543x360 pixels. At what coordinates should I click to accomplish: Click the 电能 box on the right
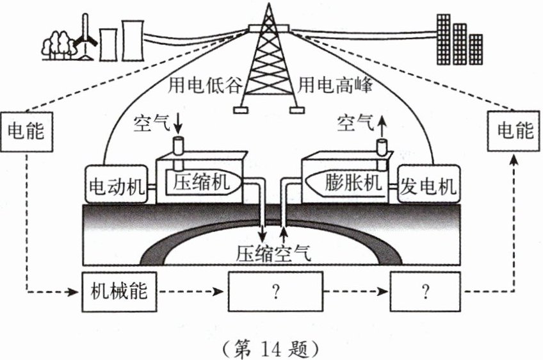[515, 131]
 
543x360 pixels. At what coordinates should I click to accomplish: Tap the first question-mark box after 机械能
[276, 292]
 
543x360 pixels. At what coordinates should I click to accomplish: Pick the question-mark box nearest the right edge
[425, 292]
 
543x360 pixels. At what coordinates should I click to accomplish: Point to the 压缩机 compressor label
[201, 183]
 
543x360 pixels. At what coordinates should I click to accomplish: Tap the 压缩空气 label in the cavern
[272, 253]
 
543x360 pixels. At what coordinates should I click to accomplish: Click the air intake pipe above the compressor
[179, 146]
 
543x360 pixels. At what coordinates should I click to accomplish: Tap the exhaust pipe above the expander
[383, 147]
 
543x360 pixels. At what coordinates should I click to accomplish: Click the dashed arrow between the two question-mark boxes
[356, 292]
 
